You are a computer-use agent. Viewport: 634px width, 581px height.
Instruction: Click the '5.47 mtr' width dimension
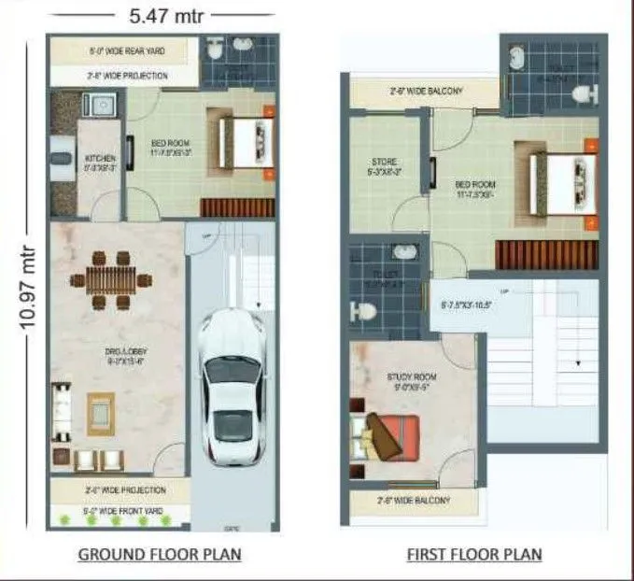tap(162, 16)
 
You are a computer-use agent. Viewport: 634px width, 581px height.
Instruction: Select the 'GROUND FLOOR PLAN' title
tap(159, 554)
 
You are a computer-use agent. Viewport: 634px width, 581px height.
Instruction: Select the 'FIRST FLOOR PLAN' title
tap(473, 554)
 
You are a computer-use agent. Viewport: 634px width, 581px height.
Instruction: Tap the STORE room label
tap(385, 166)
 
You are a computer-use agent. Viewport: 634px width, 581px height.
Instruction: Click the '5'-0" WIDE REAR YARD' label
tap(125, 51)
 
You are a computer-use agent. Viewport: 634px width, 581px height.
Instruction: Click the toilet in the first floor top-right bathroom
tap(583, 93)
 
